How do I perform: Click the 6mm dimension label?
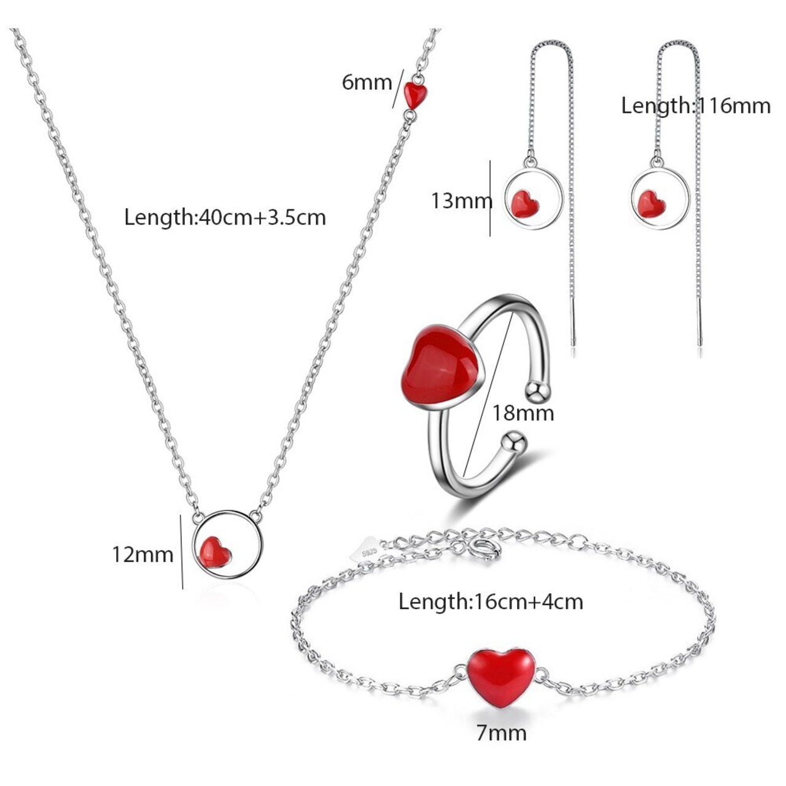(367, 82)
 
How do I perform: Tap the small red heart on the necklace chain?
(416, 95)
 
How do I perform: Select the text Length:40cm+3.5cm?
(225, 217)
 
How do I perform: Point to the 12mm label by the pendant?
(142, 554)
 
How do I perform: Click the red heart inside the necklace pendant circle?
(216, 551)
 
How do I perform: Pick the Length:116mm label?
(696, 106)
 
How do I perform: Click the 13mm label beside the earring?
(461, 200)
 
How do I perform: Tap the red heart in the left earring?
(524, 203)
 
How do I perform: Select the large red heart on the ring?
(440, 365)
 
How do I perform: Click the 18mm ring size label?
(523, 413)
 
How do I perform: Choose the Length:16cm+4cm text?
(491, 601)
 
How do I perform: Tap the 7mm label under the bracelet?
(501, 733)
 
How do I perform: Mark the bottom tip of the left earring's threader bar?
(574, 344)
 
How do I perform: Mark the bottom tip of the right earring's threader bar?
(699, 344)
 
